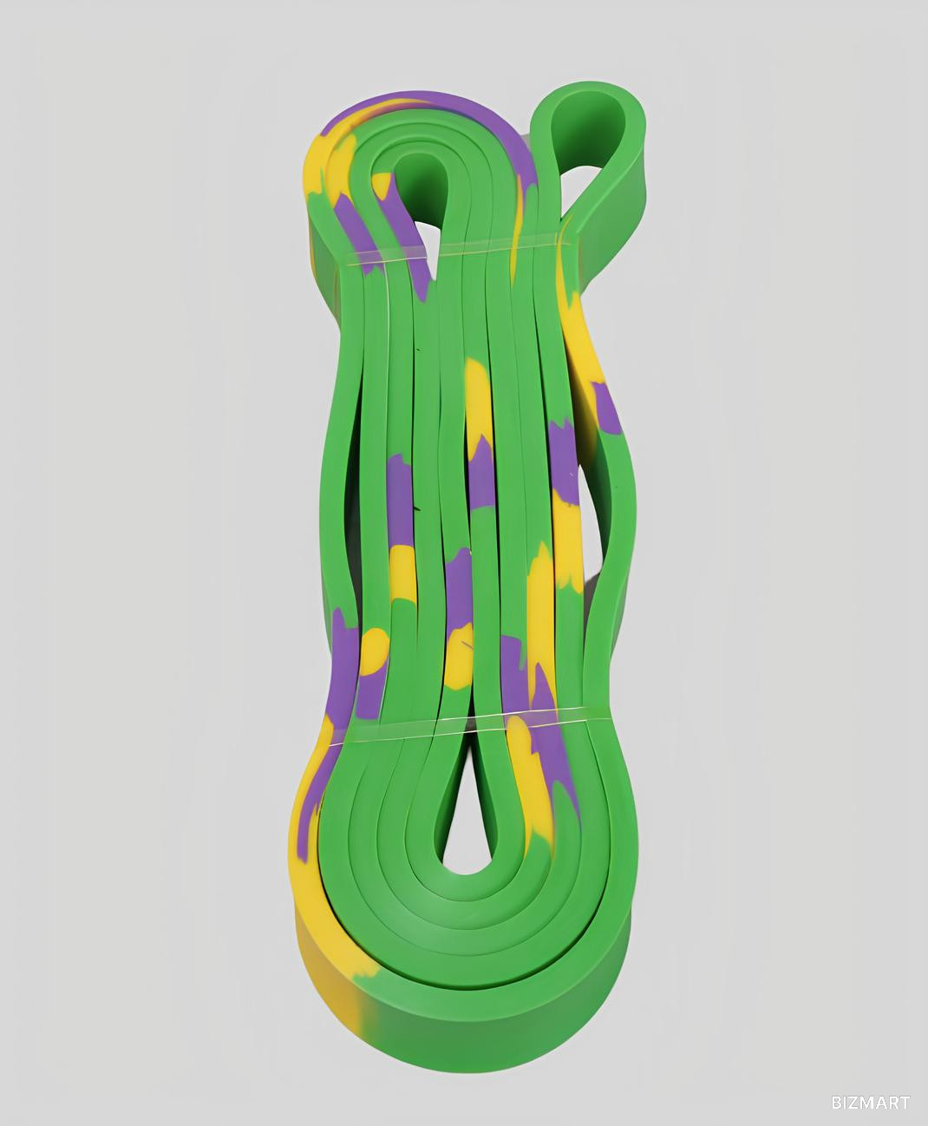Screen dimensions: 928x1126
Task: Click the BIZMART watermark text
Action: pos(870,1102)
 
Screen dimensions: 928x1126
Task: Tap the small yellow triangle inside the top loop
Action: pos(382,186)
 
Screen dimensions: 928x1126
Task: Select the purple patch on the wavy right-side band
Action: pos(606,407)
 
